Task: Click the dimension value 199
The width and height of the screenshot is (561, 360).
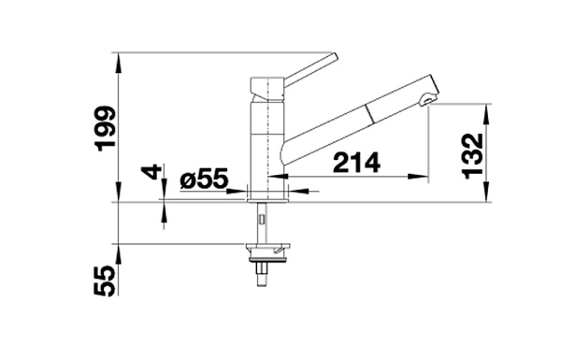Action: [105, 128]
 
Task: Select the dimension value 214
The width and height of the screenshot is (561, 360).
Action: [356, 163]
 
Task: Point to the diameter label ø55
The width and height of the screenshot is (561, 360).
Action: [204, 179]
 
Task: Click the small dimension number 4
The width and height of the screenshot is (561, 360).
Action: [151, 172]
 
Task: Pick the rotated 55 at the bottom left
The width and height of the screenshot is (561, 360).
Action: [105, 281]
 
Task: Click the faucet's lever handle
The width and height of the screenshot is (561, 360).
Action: [310, 69]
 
